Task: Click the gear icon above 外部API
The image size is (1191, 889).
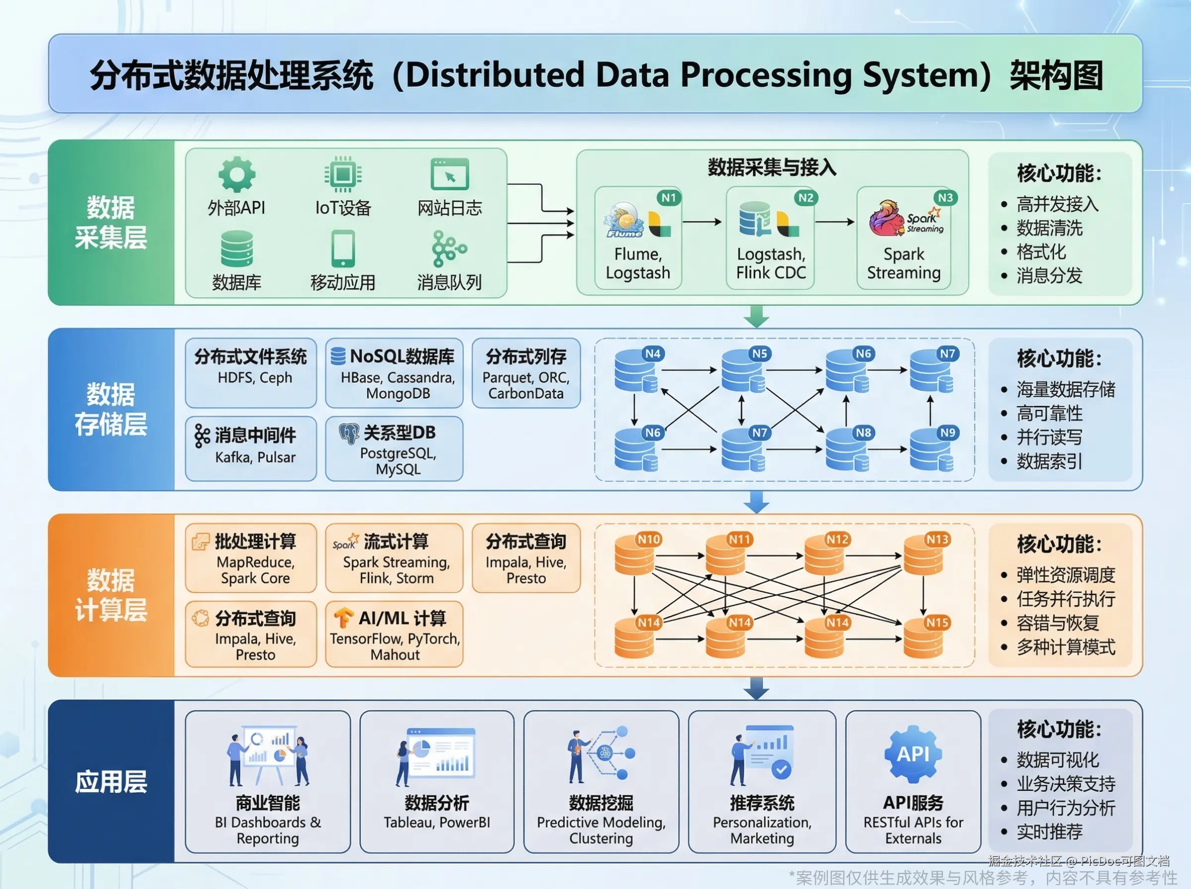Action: click(x=237, y=174)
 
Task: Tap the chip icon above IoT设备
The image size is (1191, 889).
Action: click(x=343, y=174)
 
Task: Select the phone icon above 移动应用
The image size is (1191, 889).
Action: click(x=343, y=249)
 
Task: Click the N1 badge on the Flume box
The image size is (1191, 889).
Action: click(x=668, y=197)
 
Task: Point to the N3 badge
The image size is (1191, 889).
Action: click(x=945, y=197)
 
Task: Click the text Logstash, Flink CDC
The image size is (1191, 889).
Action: click(x=771, y=263)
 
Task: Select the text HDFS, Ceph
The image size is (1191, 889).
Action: click(x=255, y=378)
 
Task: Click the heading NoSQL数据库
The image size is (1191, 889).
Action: click(x=402, y=356)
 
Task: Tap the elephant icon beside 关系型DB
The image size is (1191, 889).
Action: click(x=349, y=433)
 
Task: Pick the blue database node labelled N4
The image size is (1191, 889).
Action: click(x=636, y=370)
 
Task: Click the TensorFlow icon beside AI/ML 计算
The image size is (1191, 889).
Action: click(x=343, y=618)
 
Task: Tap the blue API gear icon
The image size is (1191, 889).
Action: click(x=913, y=754)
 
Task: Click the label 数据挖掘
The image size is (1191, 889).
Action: click(x=601, y=803)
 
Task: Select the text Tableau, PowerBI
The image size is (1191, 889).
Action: click(x=437, y=822)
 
